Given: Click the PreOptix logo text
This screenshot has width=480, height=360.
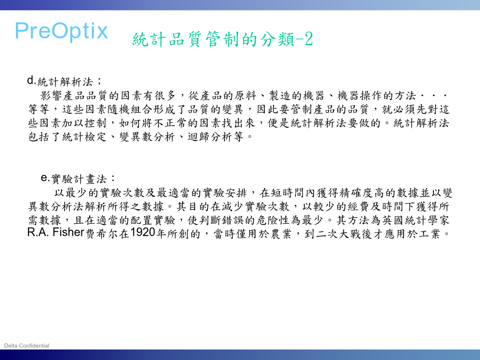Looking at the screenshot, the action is pos(61,31).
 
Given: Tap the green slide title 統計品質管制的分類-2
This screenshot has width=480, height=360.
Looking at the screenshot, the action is pos(223,39).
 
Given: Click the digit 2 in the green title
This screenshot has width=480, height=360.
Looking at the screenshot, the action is pos(309,39).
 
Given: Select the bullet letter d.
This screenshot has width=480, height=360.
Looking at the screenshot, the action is pos(31,80).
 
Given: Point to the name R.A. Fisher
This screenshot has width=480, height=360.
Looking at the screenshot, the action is pos(55,232).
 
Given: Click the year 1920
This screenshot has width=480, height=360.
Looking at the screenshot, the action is pos(143,233).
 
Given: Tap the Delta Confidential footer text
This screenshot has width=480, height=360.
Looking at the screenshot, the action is pos(27,346).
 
